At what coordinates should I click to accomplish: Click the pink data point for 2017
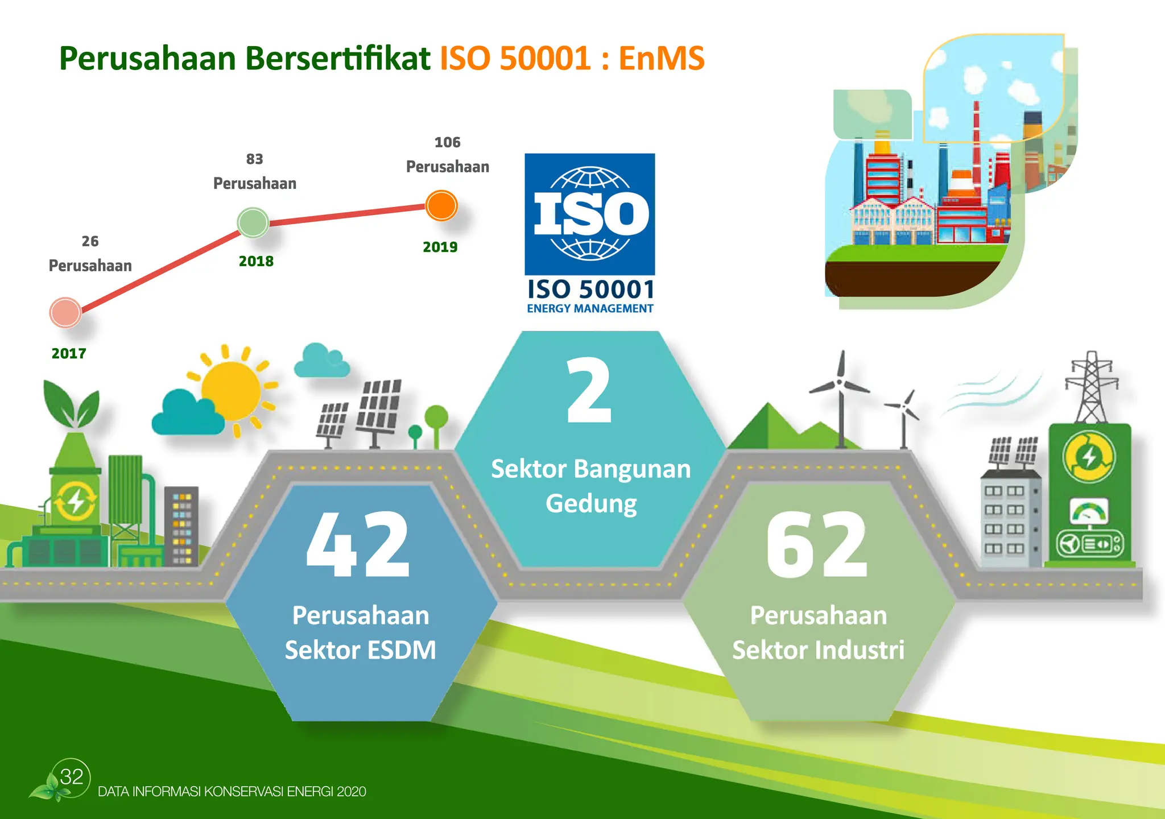point(65,312)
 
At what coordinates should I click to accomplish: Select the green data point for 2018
point(253,222)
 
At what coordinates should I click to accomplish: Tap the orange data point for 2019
point(441,205)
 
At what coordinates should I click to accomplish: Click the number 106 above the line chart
point(447,142)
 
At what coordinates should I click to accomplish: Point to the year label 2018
point(256,261)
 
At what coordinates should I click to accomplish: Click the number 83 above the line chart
point(254,159)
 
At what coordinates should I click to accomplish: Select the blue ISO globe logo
point(589,214)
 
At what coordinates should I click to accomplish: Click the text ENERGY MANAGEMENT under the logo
point(589,308)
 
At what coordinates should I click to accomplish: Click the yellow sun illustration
point(230,390)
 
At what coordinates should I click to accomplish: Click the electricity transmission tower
point(1090,387)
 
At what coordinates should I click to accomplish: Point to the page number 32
point(72,776)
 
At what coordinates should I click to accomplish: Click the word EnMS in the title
point(661,58)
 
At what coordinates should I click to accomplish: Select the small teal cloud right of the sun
point(321,361)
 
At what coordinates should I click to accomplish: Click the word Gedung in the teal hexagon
point(591,503)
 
